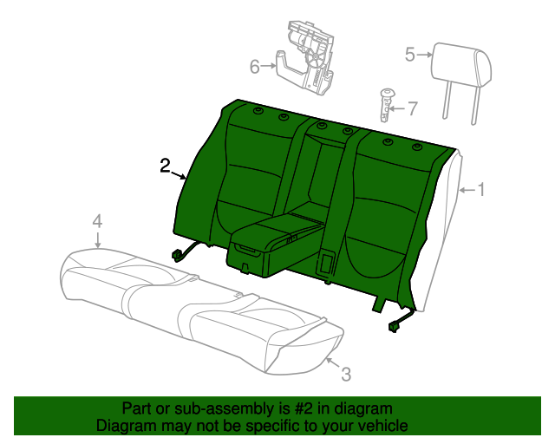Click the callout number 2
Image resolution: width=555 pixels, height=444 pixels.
click(x=165, y=166)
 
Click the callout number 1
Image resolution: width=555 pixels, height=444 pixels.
click(x=481, y=189)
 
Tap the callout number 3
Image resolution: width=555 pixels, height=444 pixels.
click(x=346, y=375)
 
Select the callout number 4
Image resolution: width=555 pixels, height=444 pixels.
click(x=97, y=221)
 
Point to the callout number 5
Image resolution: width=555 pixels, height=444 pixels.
click(x=410, y=55)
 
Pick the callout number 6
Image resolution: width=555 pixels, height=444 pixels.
click(x=254, y=67)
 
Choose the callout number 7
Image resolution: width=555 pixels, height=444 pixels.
click(x=413, y=108)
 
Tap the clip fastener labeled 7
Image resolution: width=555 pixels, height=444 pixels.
click(x=386, y=105)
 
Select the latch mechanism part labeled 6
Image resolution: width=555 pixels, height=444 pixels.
click(x=305, y=58)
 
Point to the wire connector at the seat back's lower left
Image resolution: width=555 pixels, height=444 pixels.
click(x=177, y=255)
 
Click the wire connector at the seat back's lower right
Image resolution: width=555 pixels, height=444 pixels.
click(x=394, y=326)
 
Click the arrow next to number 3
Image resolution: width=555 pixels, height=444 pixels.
click(x=333, y=363)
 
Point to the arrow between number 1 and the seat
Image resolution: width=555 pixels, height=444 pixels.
click(x=467, y=191)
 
